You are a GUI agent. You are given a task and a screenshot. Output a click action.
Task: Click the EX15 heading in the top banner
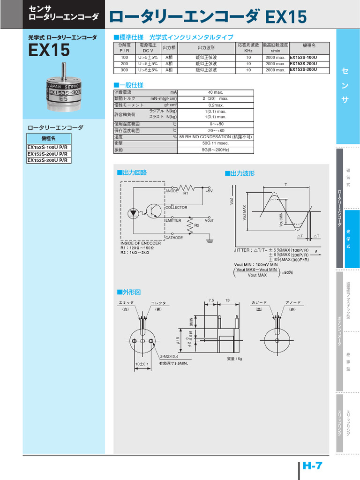pyautogui.click(x=285, y=18)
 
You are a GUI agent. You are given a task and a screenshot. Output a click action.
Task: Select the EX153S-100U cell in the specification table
pyautogui.click(x=303, y=57)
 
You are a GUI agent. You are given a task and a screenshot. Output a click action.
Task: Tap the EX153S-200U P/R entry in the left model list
pyautogui.click(x=47, y=154)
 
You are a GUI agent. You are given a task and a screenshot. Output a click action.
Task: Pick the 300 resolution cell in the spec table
pyautogui.click(x=124, y=70)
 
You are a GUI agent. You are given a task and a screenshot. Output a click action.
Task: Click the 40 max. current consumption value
pyautogui.click(x=216, y=92)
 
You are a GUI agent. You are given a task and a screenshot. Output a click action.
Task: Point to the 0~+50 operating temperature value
pyautogui.click(x=216, y=124)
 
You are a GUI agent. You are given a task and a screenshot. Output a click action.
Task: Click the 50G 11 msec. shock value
pyautogui.click(x=216, y=143)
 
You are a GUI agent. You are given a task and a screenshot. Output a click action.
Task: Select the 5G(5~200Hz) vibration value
pyautogui.click(x=216, y=150)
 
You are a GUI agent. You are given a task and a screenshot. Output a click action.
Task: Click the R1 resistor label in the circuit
pyautogui.click(x=186, y=193)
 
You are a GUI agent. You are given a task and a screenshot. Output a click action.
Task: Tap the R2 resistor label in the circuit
pyautogui.click(x=197, y=225)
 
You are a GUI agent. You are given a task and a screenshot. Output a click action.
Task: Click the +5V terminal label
pyautogui.click(x=209, y=191)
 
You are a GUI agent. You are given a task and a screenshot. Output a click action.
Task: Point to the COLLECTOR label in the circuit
pyautogui.click(x=176, y=208)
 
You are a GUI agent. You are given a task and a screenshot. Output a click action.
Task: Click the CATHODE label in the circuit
pyautogui.click(x=174, y=238)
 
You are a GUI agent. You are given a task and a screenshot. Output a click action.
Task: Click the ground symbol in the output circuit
pyautogui.click(x=210, y=240)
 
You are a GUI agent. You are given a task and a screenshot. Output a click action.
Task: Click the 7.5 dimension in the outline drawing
pyautogui.click(x=211, y=300)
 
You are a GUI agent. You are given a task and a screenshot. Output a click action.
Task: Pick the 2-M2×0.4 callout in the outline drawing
pyautogui.click(x=169, y=356)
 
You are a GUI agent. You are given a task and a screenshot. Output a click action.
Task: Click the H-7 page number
pyautogui.click(x=313, y=466)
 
